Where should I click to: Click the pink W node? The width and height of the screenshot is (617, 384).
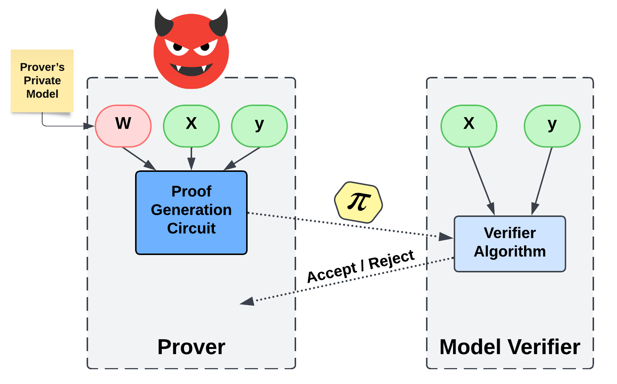pyautogui.click(x=123, y=126)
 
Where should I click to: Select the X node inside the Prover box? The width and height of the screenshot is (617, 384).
pyautogui.click(x=191, y=126)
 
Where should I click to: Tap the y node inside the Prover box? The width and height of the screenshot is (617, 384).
pyautogui.click(x=259, y=126)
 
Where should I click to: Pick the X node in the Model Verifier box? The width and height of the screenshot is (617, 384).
pyautogui.click(x=469, y=126)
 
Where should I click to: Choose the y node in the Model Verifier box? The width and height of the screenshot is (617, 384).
pyautogui.click(x=552, y=126)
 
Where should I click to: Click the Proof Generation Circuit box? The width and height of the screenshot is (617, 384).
pyautogui.click(x=191, y=213)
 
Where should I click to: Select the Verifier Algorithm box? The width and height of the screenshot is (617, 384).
pyautogui.click(x=510, y=244)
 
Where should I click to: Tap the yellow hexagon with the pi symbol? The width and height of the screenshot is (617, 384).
pyautogui.click(x=358, y=202)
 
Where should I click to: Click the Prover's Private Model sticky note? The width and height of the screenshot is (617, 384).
pyautogui.click(x=42, y=81)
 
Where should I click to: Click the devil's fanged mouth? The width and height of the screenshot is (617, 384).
pyautogui.click(x=191, y=69)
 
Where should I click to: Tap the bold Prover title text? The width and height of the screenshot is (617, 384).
pyautogui.click(x=191, y=347)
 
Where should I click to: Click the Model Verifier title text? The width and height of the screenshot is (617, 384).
pyautogui.click(x=510, y=347)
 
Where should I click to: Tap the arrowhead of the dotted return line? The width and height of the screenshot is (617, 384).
pyautogui.click(x=247, y=302)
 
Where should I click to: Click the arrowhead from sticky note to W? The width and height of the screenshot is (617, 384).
pyautogui.click(x=89, y=126)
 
